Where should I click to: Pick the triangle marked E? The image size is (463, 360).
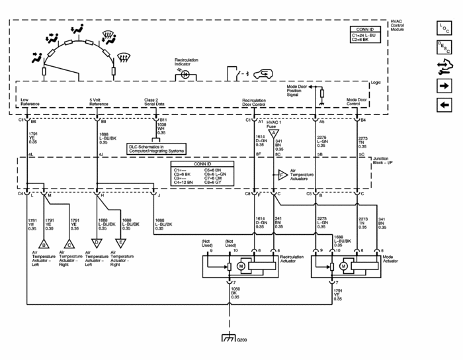tap(120, 242)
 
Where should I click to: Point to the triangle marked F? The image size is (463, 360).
tap(282, 175)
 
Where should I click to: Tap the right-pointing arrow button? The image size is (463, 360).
tap(443, 86)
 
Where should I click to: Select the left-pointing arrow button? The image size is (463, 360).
tap(443, 105)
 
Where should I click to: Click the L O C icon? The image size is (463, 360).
tap(443, 27)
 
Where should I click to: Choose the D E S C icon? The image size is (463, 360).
tap(443, 46)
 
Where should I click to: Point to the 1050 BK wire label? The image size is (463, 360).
tap(234, 293)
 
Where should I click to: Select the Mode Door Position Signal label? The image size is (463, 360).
tap(298, 91)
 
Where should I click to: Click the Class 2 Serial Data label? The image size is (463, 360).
tap(156, 102)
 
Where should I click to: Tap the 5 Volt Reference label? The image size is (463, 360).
tap(99, 102)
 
